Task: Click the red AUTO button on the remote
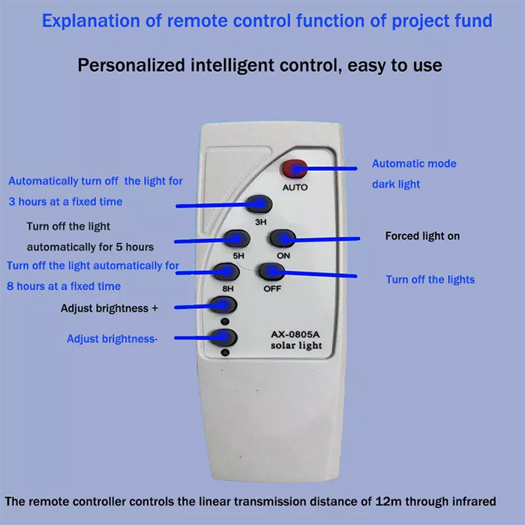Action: click(x=294, y=169)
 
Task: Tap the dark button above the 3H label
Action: click(x=259, y=204)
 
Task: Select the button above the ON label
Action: click(x=282, y=238)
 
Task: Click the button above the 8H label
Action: click(x=226, y=271)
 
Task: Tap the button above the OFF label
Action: click(x=271, y=271)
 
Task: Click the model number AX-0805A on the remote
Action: click(x=295, y=334)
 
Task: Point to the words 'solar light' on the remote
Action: click(x=296, y=346)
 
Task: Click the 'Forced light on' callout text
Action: click(x=422, y=236)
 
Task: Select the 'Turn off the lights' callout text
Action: click(x=430, y=280)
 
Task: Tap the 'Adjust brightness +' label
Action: click(x=109, y=308)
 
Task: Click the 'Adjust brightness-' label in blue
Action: click(x=112, y=339)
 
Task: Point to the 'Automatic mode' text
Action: click(x=414, y=163)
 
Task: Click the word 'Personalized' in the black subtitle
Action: click(x=131, y=65)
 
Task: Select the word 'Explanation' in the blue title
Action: click(x=91, y=21)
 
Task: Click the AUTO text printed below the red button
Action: click(x=295, y=187)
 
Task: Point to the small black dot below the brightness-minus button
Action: click(x=225, y=352)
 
